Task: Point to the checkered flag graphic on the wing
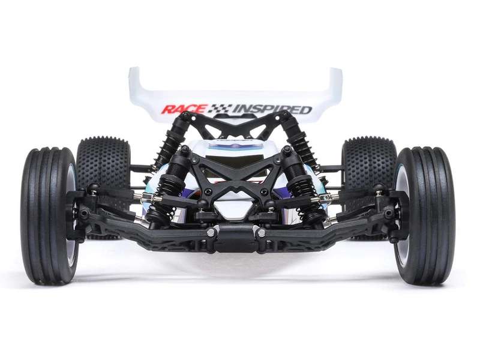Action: pyautogui.click(x=220, y=109)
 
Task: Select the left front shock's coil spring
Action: pyautogui.click(x=161, y=207)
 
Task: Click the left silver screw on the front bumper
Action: pyautogui.click(x=211, y=232)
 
